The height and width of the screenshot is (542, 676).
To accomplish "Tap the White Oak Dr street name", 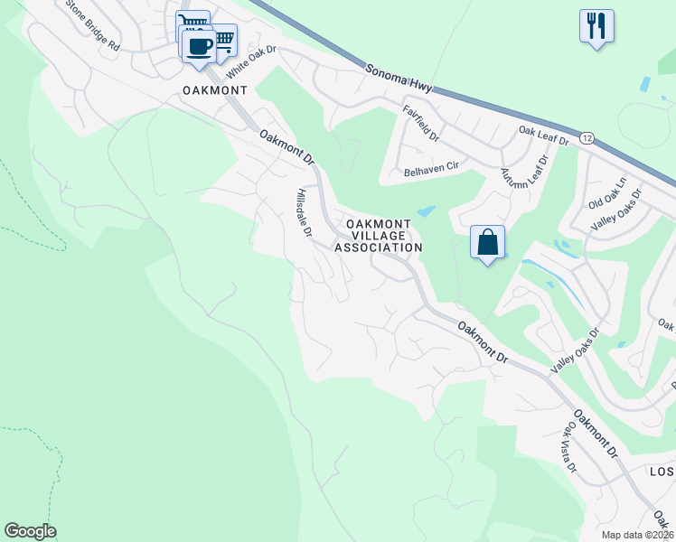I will (250, 62).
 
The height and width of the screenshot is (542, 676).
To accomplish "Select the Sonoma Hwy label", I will (399, 79).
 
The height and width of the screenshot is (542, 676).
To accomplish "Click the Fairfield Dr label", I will (421, 125).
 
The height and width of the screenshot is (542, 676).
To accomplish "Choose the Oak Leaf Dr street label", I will (543, 135).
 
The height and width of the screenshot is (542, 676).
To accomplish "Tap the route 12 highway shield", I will (587, 138).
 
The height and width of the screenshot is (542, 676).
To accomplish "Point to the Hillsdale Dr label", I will (304, 213).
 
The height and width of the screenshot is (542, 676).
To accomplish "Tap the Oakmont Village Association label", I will (379, 235).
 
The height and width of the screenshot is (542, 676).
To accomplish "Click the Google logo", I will (30, 531).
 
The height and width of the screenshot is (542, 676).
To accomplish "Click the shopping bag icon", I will (487, 242).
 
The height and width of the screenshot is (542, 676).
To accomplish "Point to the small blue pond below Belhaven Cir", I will (426, 212).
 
